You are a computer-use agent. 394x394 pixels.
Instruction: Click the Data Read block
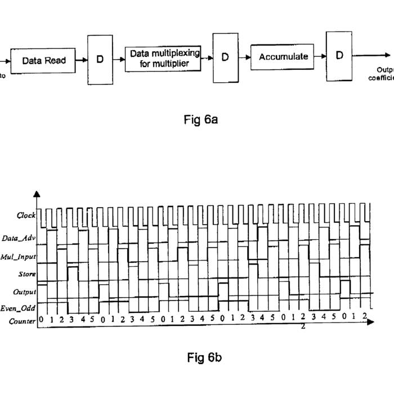point(44,60)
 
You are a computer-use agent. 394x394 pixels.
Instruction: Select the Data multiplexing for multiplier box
point(165,59)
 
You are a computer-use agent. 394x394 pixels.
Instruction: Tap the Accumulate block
point(283,56)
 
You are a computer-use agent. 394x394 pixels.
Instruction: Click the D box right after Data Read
point(100,60)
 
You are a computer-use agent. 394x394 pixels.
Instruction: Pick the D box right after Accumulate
point(339,55)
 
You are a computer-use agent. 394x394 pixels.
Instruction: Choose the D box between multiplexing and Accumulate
point(225,57)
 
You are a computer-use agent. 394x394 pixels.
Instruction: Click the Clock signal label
point(26,216)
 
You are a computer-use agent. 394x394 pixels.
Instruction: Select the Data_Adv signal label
point(19,238)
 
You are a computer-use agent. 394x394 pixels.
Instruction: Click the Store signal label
point(26,275)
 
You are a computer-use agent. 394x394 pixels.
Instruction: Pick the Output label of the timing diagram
point(25,293)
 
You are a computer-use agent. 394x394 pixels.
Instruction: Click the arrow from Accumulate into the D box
point(320,56)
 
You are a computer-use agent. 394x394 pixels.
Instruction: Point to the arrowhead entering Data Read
point(7,60)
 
